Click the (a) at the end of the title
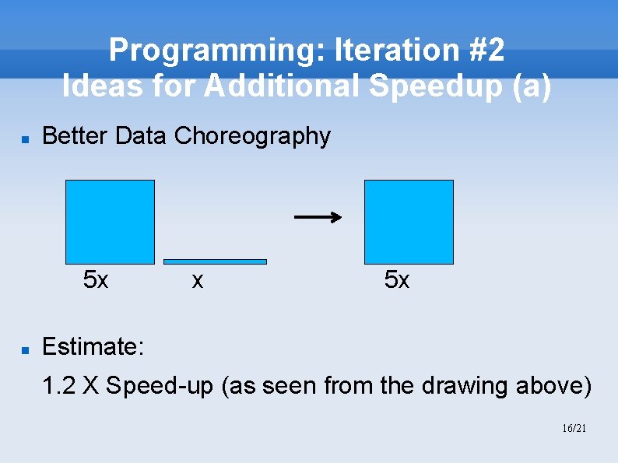530,86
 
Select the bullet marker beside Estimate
25,351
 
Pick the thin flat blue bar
215,261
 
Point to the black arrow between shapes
318,217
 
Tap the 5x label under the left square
96,279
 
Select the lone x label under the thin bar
198,280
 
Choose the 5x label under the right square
397,279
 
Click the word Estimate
93,346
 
